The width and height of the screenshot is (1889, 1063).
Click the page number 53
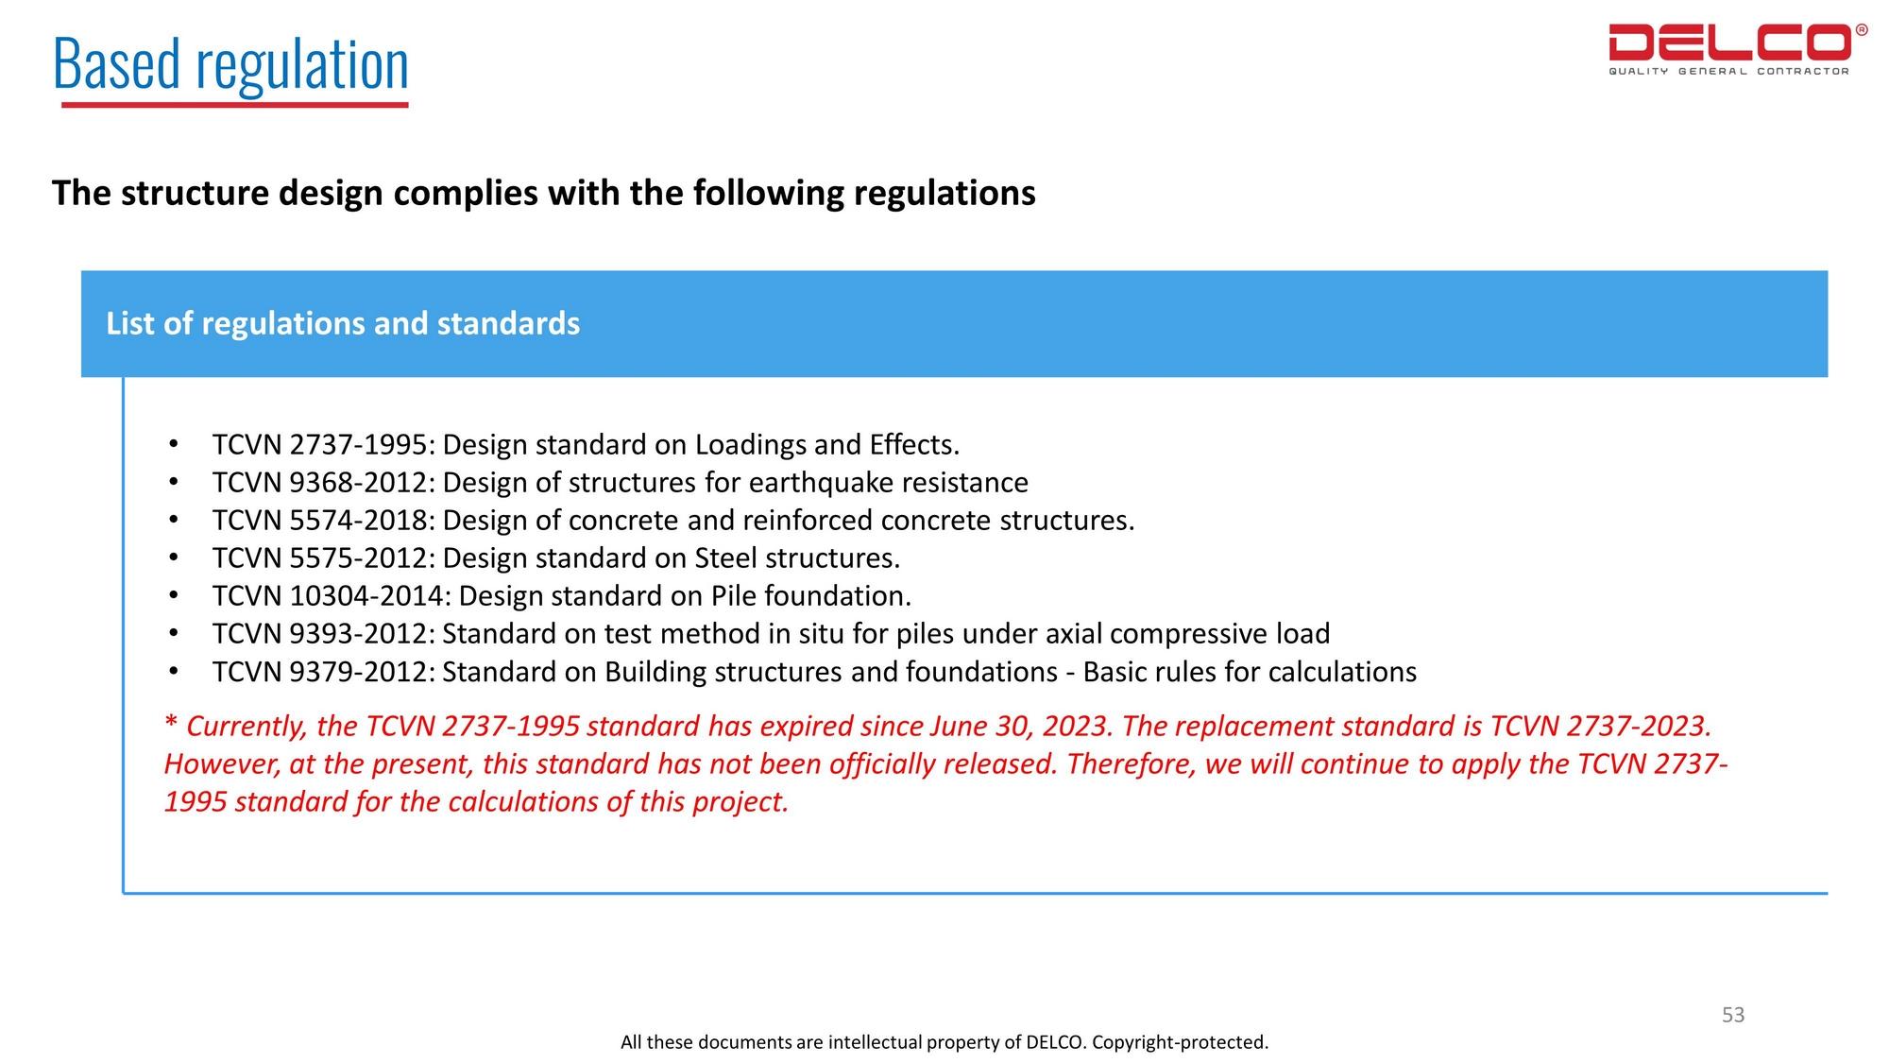point(1733,1015)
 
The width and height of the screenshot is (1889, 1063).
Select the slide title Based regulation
point(230,64)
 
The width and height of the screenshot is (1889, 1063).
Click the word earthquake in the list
point(821,483)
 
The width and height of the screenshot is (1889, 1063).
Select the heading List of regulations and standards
point(343,324)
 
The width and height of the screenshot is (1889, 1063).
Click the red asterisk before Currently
point(171,724)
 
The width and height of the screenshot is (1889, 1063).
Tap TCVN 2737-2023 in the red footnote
point(1599,727)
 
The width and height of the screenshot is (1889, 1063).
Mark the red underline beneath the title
point(234,105)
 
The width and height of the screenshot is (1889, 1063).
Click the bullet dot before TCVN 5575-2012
point(173,557)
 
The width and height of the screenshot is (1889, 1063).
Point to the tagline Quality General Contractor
point(1728,72)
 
